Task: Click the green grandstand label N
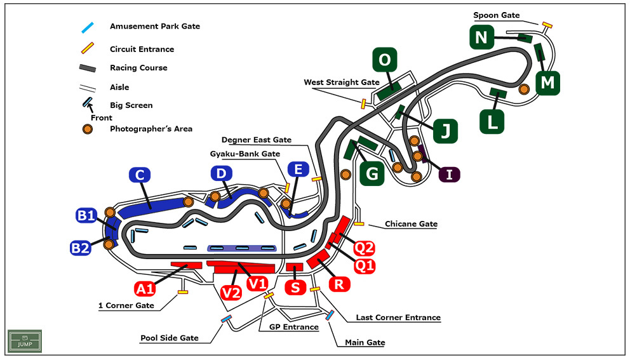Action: coord(481,38)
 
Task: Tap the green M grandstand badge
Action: coord(547,83)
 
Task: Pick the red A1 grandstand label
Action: coord(146,289)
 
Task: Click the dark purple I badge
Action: coord(450,174)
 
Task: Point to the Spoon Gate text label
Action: coord(497,15)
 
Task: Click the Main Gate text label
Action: coord(365,342)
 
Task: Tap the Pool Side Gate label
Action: coord(170,338)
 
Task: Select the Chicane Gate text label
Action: coord(412,224)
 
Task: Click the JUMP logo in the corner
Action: coord(25,342)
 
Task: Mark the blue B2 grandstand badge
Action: coord(81,246)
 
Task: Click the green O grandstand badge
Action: coord(385,61)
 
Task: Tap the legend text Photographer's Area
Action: coord(151,129)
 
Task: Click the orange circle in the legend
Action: coord(88,129)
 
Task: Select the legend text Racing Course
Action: coord(138,68)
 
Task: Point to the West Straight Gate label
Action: coord(342,82)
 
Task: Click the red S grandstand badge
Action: coord(295,287)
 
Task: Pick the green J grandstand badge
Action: coord(446,131)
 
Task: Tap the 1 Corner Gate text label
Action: coord(126,305)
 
